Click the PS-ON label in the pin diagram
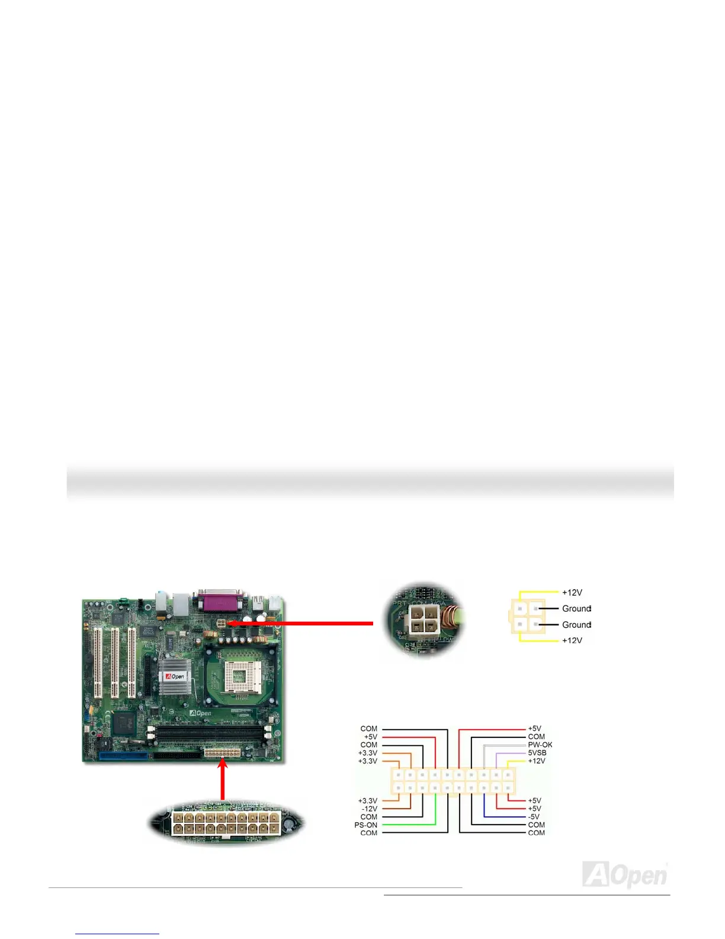[x=365, y=825]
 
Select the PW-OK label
[x=540, y=745]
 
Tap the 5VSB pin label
[x=537, y=753]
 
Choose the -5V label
[x=533, y=816]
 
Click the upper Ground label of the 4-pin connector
[x=576, y=608]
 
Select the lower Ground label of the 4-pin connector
[x=576, y=624]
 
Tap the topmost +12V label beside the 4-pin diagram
[x=572, y=592]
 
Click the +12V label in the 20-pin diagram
[x=536, y=761]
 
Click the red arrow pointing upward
[x=223, y=781]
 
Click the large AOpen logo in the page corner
[x=625, y=874]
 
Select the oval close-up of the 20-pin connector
[x=226, y=823]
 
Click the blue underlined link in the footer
[x=117, y=934]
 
